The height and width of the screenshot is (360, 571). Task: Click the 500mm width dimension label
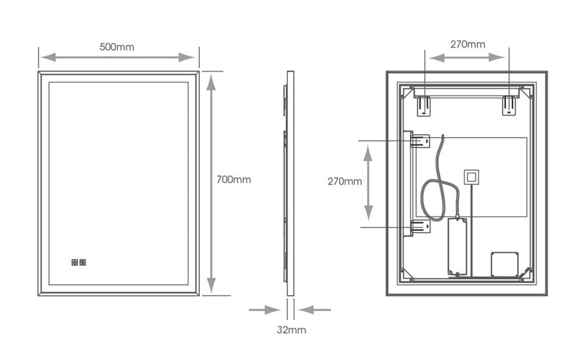point(117,47)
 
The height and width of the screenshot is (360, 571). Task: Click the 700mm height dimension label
point(233,179)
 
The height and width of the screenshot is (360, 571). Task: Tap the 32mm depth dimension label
point(291,330)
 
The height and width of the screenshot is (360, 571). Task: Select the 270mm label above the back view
point(468,44)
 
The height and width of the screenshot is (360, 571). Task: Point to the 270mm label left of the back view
point(343,181)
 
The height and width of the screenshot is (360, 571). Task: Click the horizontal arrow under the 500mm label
point(118,57)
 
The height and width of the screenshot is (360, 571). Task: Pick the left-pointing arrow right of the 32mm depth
point(315,310)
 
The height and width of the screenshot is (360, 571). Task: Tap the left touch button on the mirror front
point(75,262)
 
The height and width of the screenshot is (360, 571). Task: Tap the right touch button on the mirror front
point(84,262)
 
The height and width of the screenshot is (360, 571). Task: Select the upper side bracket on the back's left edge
point(420,141)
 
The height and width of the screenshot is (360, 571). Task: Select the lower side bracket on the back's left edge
point(420,227)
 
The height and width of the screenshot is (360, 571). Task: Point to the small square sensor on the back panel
point(472,176)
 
